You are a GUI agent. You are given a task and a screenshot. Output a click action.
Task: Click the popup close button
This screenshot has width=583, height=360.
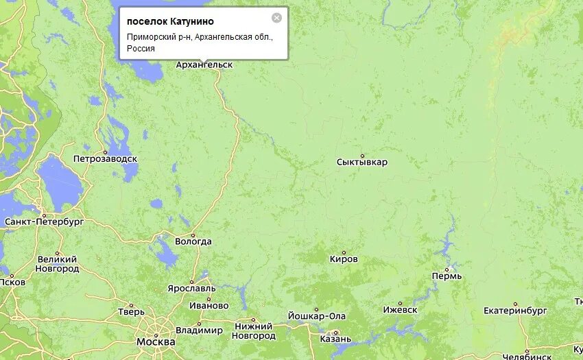point(276,18)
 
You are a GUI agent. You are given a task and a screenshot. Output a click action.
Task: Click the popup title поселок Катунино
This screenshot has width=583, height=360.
point(170,22)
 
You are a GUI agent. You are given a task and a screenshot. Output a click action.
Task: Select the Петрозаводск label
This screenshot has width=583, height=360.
point(105,159)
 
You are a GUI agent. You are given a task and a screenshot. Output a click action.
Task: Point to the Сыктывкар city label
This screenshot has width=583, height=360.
point(362,163)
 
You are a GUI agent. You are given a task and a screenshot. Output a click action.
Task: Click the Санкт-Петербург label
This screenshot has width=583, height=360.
point(44,222)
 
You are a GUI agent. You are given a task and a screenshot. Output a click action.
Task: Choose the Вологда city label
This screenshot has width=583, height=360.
point(193,241)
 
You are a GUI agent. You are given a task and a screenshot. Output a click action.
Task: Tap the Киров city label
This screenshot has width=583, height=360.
point(344,259)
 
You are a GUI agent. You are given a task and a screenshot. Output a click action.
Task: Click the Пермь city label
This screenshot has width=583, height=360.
point(447,276)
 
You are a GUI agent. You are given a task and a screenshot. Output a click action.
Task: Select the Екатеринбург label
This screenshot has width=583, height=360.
point(515,311)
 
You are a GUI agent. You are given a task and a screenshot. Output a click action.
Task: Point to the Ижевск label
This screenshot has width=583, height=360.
point(400,310)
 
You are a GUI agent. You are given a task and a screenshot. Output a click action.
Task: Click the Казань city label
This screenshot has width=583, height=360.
point(335,339)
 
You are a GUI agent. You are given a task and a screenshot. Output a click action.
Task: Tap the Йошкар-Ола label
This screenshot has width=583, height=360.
point(317,316)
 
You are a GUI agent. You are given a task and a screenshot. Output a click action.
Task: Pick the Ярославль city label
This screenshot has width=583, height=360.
point(191,288)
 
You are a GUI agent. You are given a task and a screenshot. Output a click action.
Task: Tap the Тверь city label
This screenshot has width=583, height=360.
point(132,311)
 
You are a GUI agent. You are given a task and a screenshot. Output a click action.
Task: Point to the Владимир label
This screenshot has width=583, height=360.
point(199,331)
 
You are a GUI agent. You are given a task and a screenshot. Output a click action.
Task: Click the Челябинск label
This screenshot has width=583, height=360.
point(527,357)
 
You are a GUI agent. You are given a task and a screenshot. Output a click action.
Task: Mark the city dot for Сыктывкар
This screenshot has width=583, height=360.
point(362,156)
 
